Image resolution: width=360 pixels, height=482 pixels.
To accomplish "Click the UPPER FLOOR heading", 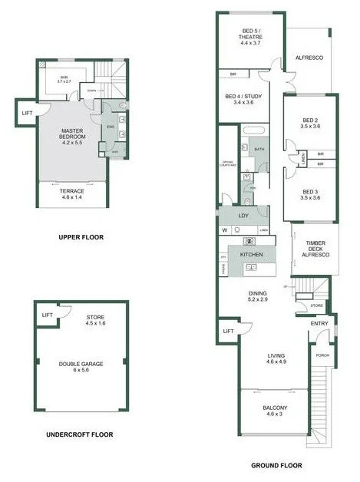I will click(x=81, y=237).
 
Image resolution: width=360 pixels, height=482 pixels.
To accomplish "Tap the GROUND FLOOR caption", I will click(x=277, y=465).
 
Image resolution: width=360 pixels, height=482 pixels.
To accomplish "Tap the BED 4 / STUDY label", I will click(x=244, y=99).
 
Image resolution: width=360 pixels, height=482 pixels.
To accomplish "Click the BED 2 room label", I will click(x=309, y=123).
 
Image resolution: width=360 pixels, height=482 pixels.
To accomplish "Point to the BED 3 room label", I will click(x=309, y=194).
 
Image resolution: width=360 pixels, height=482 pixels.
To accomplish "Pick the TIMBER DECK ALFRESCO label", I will click(x=313, y=248).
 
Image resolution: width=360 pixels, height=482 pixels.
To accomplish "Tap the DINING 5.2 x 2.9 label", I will click(x=257, y=296).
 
